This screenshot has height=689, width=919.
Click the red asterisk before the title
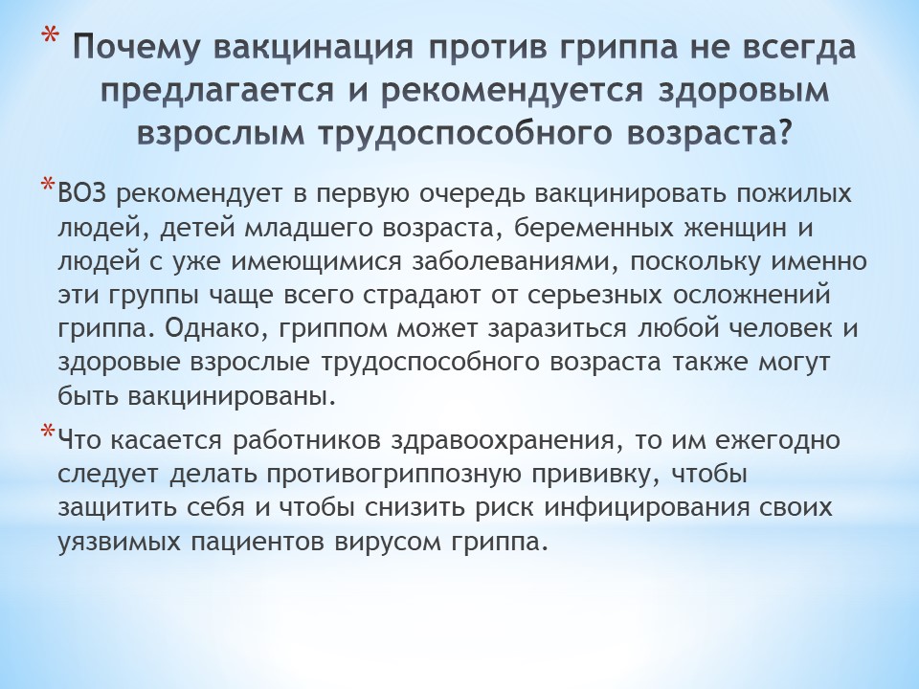(50, 37)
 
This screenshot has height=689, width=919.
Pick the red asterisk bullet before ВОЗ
(48, 185)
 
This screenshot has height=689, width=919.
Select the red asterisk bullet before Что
(48, 433)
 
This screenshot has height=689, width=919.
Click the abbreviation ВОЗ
(82, 194)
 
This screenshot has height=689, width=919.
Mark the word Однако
(216, 329)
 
